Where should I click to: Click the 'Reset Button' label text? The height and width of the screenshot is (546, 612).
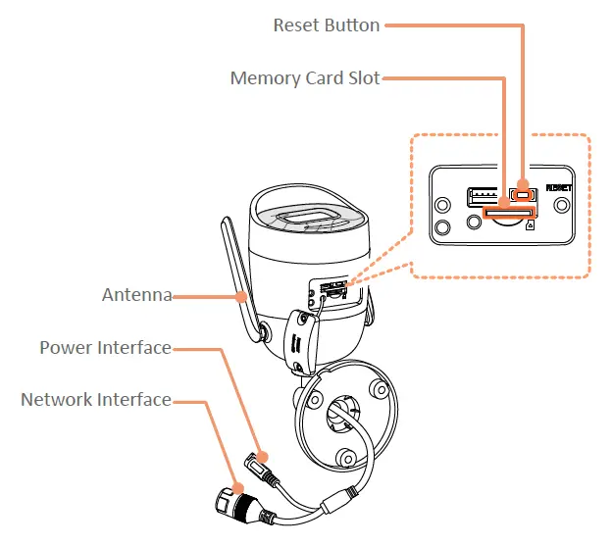(x=326, y=25)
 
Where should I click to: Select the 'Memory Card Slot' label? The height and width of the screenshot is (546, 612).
(x=304, y=77)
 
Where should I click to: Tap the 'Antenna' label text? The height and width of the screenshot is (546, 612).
(x=136, y=294)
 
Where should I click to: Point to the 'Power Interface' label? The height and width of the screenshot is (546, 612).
(x=105, y=348)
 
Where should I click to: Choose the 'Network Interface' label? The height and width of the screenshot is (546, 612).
(x=95, y=400)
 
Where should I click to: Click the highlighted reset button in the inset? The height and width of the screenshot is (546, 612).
(x=521, y=193)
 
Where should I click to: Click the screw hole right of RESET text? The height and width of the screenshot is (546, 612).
(x=561, y=205)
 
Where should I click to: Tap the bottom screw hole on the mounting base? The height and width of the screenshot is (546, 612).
(x=345, y=456)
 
